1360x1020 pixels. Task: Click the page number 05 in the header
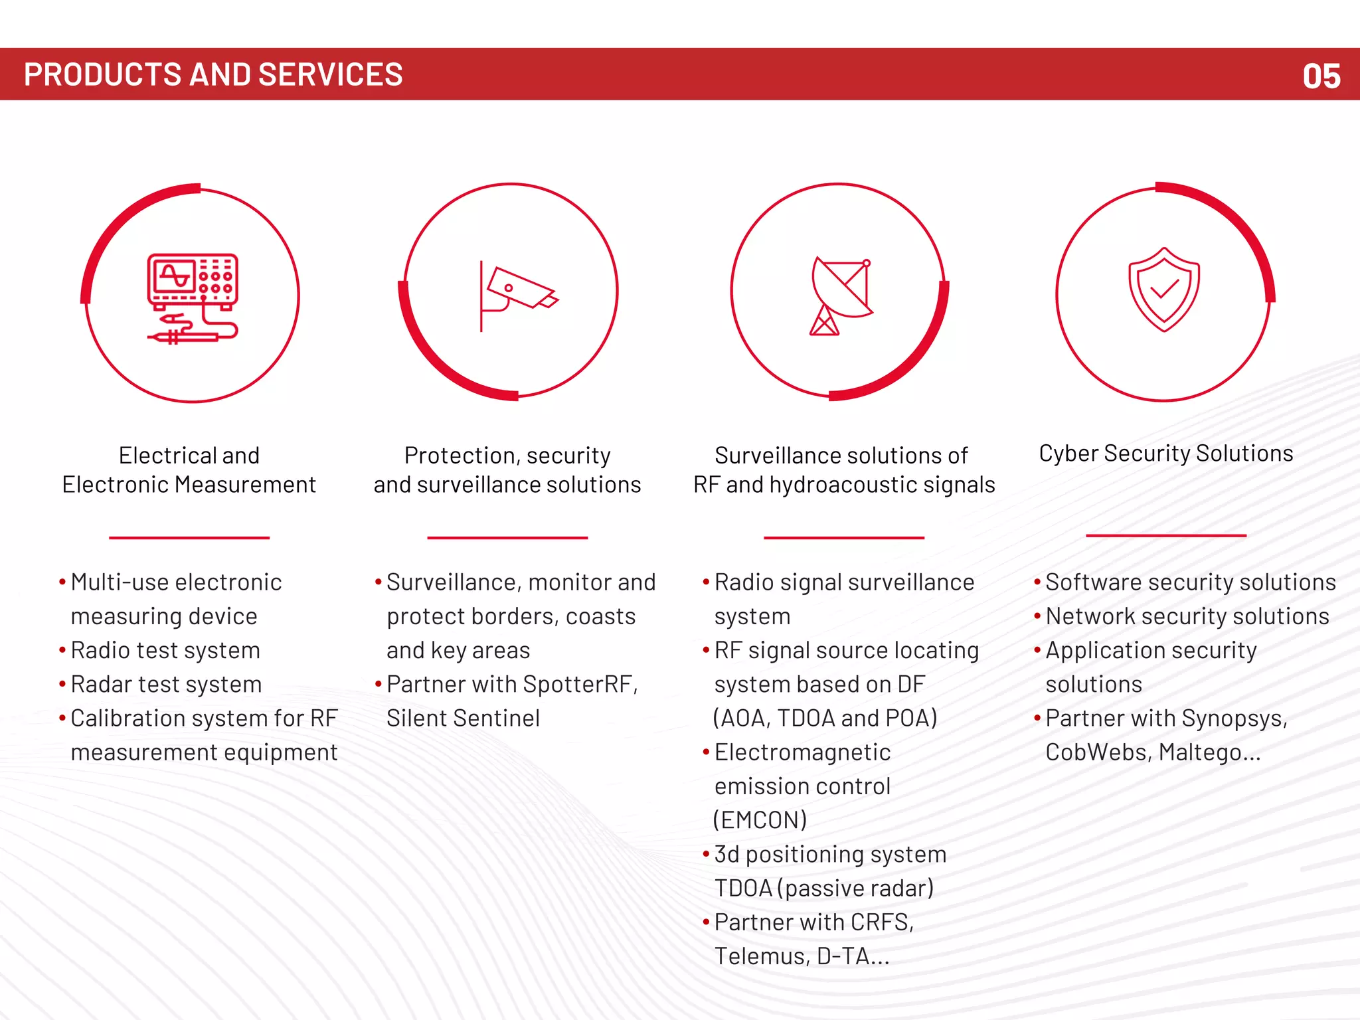point(1321,76)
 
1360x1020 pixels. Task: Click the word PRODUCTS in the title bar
point(102,74)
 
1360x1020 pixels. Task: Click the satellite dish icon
point(841,296)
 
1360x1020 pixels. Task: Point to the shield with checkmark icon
point(1163,290)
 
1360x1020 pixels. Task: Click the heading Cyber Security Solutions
point(1165,454)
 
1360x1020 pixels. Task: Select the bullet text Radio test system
point(165,650)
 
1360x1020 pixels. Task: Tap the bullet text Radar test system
point(166,684)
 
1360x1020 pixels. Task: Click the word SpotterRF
point(577,684)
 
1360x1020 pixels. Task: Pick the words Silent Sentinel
point(463,718)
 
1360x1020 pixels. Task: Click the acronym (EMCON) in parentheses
point(760,820)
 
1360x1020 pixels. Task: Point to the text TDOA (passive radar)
point(823,888)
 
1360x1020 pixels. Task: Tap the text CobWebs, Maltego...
point(1152,752)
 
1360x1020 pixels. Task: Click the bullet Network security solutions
point(1187,616)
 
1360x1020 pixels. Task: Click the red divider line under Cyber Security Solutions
point(1165,535)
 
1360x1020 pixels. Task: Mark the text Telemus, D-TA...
point(801,956)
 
